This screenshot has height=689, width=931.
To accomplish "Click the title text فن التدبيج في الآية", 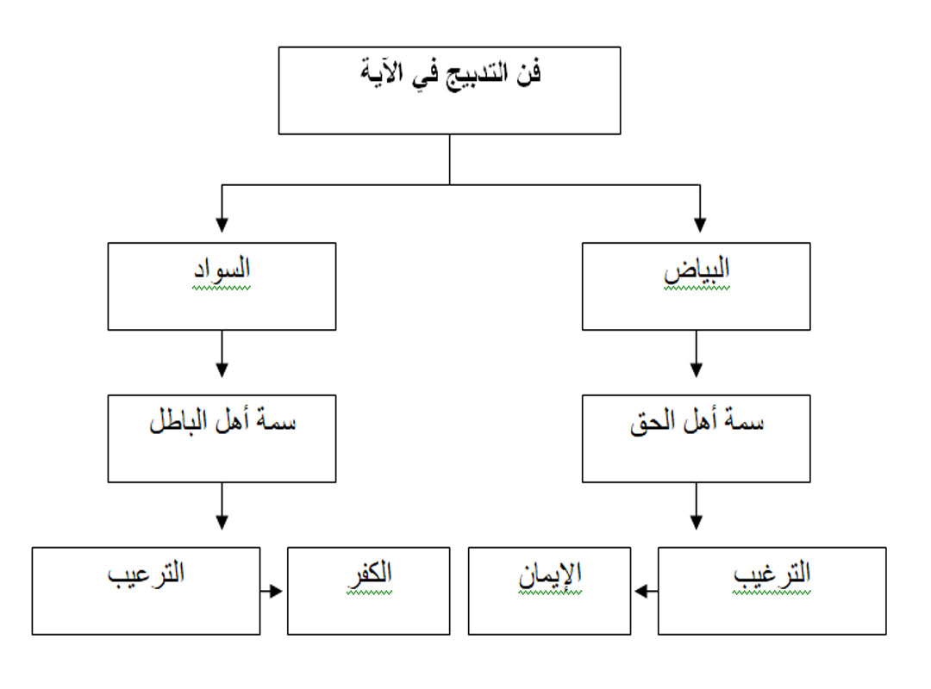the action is point(451,74).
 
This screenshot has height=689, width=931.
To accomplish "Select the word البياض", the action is point(697,270).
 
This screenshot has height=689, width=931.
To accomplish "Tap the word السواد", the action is point(222,270).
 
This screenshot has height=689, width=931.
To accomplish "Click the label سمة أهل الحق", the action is point(697,421).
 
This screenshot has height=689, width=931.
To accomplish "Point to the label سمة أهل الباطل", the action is point(222,421).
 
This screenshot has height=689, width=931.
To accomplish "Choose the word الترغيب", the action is point(772,574).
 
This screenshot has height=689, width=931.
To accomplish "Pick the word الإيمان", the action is point(550,574).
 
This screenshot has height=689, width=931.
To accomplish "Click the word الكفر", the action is point(369,574).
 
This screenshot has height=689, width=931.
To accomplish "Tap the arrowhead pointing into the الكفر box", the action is point(275,591).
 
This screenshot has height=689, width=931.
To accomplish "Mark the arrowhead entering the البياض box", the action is point(700,225).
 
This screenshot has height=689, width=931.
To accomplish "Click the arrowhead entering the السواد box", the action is point(222,225).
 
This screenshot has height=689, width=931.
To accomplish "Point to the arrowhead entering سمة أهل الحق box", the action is point(697,370).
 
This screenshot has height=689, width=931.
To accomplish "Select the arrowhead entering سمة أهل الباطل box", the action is point(222,370).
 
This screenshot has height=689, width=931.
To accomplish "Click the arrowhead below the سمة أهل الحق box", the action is point(697,522).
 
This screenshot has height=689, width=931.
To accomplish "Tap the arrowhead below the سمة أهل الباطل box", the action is point(222,522).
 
